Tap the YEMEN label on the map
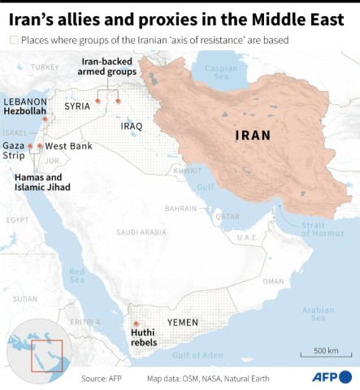point(182,322)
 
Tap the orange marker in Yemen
point(136,323)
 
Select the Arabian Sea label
point(318,314)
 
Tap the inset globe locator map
point(47,348)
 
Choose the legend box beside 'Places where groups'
point(13,40)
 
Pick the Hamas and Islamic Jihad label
point(42,182)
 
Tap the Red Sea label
point(76,275)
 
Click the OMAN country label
point(273,281)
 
